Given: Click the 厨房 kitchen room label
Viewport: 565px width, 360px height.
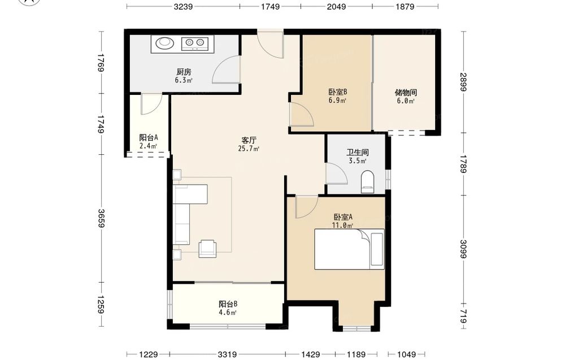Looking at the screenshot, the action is (x=184, y=72).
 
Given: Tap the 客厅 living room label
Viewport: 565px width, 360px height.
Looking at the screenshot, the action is (x=249, y=140).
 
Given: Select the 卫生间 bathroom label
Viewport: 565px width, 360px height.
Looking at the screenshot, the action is (x=358, y=153).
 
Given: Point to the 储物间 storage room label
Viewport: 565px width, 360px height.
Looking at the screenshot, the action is (x=406, y=93).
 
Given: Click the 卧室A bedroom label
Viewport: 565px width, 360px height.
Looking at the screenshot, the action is (x=343, y=217).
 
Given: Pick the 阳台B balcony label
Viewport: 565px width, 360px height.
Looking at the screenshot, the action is (x=228, y=304).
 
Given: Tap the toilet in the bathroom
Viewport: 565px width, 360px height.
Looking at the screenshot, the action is (x=368, y=183).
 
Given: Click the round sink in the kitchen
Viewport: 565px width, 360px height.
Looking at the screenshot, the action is (x=164, y=44).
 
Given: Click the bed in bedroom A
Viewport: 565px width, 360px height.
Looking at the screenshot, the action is (x=349, y=249).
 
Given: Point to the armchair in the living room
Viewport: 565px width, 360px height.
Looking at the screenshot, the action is (x=207, y=249).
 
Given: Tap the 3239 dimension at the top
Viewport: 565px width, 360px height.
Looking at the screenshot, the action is (x=183, y=6).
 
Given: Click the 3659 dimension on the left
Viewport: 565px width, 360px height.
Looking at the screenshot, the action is (x=101, y=218).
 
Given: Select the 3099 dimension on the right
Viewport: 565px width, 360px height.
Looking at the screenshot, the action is (x=463, y=249).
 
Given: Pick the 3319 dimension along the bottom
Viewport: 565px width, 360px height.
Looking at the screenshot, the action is (x=227, y=354).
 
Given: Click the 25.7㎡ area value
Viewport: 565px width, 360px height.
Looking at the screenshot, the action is (x=249, y=149).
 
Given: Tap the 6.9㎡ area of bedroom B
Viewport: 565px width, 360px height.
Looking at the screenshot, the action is (x=337, y=101).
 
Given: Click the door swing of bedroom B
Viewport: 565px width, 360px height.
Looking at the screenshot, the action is (x=302, y=114).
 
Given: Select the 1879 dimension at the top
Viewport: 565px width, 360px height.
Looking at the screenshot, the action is (x=405, y=6).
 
